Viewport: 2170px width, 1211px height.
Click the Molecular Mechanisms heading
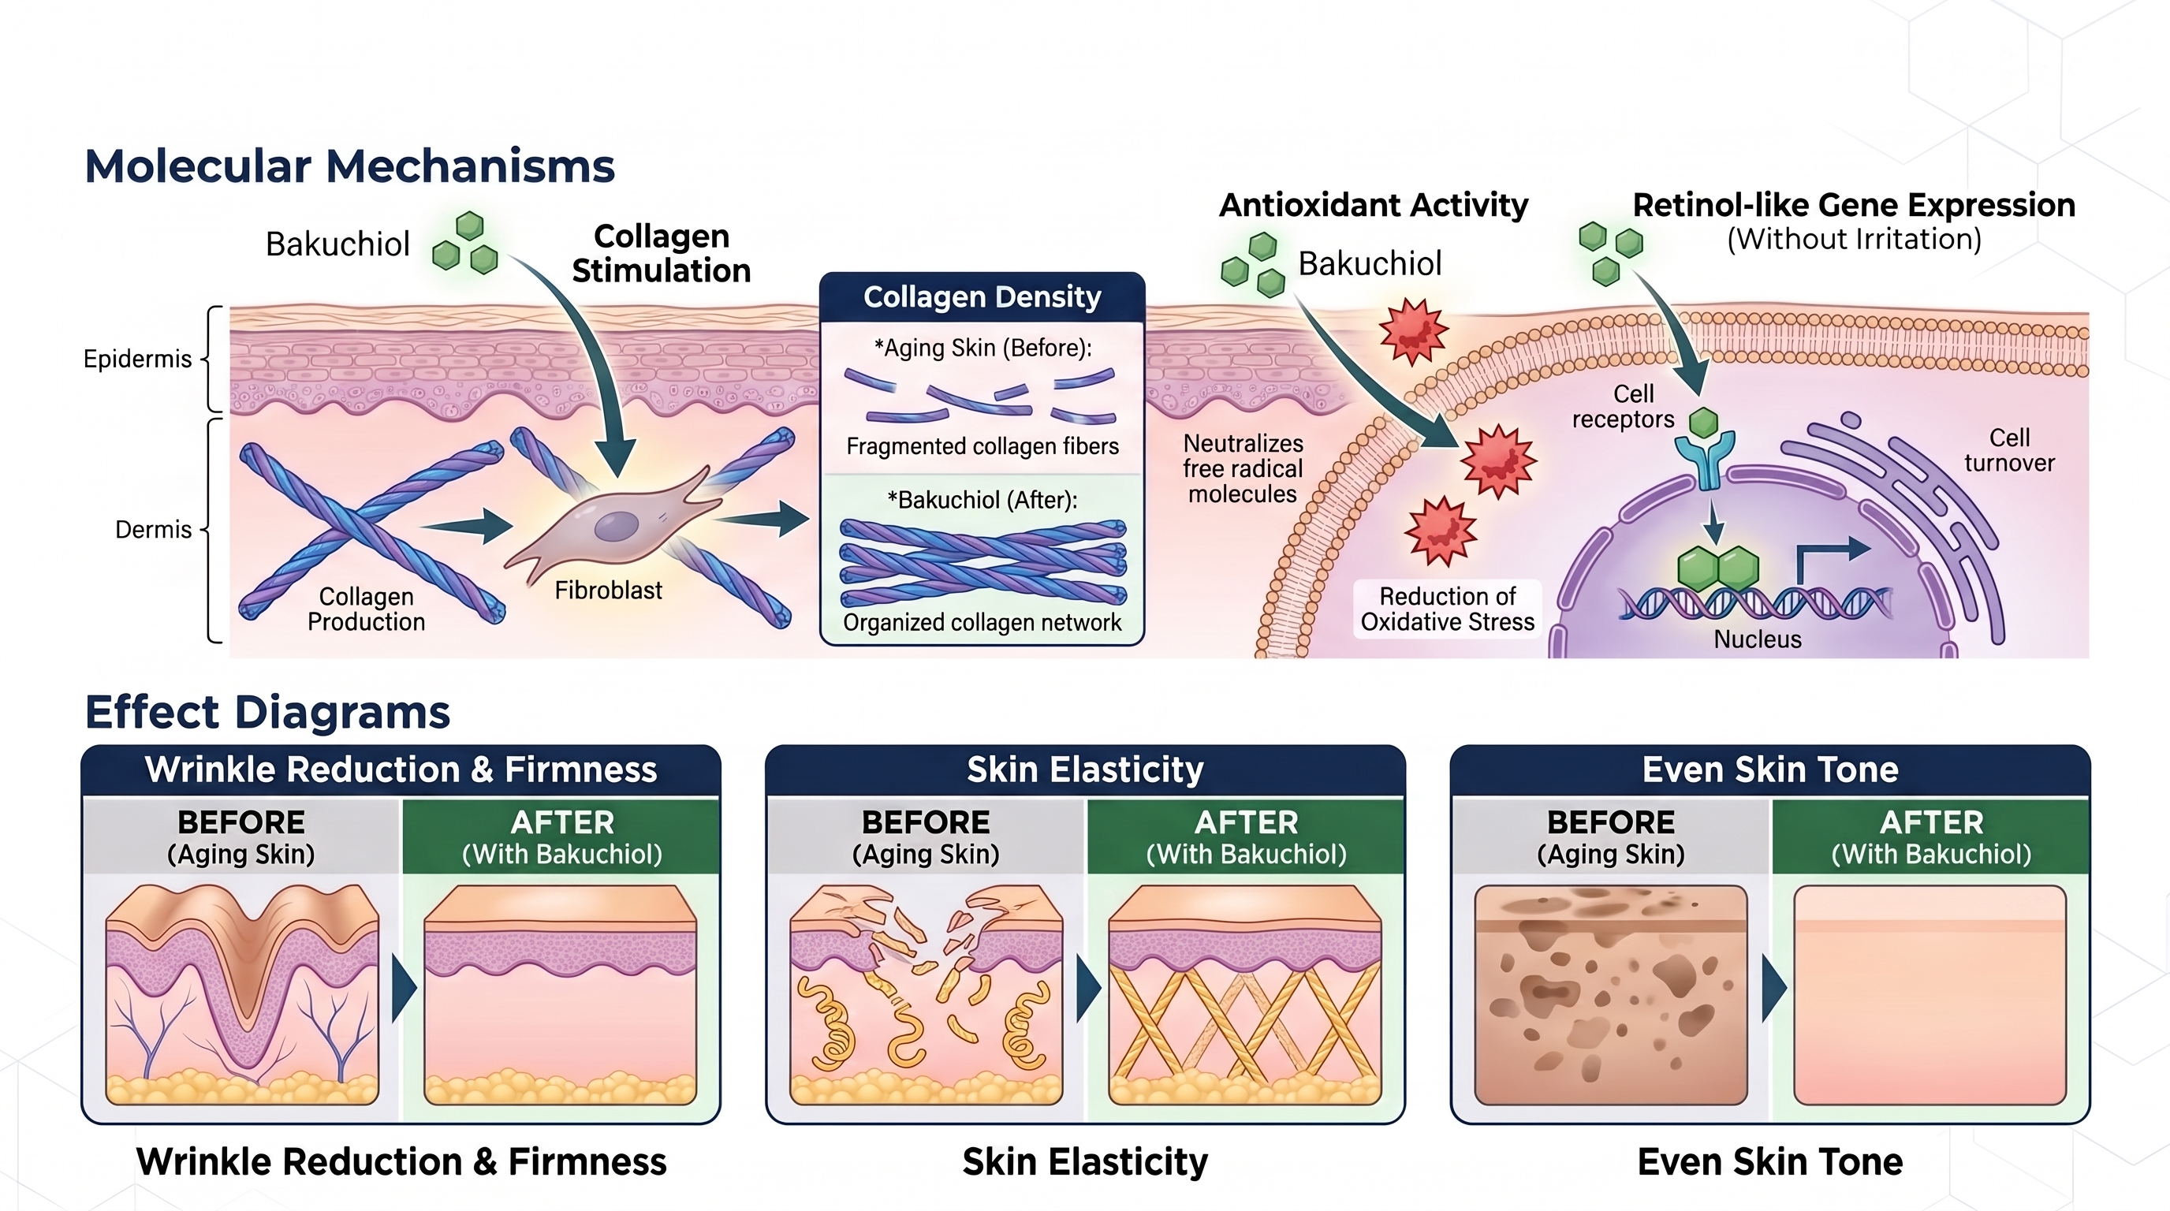click(x=349, y=166)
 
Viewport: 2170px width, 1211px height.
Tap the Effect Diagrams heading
click(x=268, y=713)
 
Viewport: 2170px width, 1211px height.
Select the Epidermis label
click(x=137, y=360)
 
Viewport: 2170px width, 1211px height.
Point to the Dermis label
click(x=153, y=530)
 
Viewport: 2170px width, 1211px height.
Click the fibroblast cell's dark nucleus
click(x=617, y=527)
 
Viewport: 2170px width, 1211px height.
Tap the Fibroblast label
click(x=608, y=591)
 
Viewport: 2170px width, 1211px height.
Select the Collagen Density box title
click(x=982, y=297)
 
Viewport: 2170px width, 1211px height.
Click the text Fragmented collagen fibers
click(x=982, y=446)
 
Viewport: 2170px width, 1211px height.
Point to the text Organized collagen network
click(x=982, y=622)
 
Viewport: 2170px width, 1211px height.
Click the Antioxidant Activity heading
click(x=1373, y=206)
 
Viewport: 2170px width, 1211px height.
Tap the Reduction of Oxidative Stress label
click(x=1447, y=609)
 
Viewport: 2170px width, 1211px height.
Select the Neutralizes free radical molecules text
click(x=1243, y=468)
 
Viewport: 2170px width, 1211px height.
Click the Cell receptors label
click(x=1624, y=407)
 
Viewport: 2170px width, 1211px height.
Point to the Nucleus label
click(x=1758, y=639)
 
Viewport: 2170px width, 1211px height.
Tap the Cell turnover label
click(x=2009, y=450)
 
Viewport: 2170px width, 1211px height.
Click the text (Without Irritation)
click(x=1854, y=239)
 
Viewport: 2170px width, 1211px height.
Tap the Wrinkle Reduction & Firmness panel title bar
click(x=401, y=769)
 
